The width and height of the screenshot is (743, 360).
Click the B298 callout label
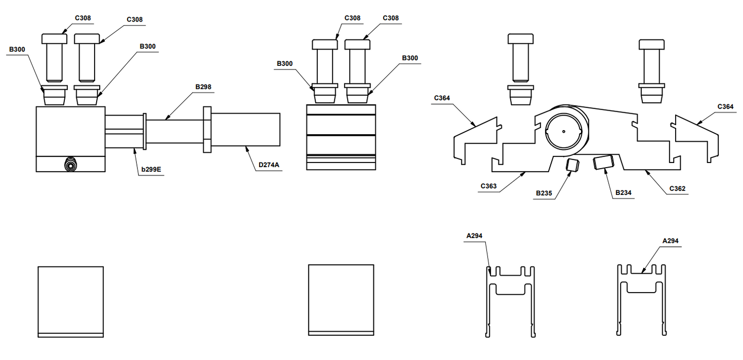point(203,87)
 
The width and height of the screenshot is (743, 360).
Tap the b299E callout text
point(151,168)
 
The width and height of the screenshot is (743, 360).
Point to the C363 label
point(488,186)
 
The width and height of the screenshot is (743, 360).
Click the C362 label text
point(677,189)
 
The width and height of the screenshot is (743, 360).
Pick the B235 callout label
point(544,193)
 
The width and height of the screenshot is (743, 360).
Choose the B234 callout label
point(623,193)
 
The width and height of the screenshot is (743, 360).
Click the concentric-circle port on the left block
point(70,165)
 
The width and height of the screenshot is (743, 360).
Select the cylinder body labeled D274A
point(245,130)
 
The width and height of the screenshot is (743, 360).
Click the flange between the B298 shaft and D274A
point(207,130)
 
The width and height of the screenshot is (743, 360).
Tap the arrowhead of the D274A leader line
point(246,147)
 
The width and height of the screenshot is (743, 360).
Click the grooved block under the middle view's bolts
point(340,137)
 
